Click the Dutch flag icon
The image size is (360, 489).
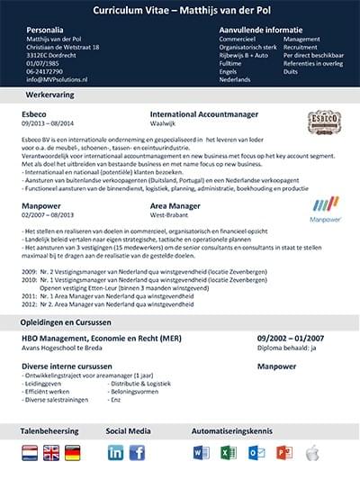[x=30, y=452]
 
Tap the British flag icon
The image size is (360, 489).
[x=51, y=452]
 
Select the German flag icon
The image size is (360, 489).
[x=73, y=452]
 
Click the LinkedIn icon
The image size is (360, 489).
[x=116, y=452]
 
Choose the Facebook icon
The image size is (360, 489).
[x=137, y=452]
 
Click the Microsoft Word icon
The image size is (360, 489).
[x=201, y=452]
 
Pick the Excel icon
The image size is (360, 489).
[x=228, y=452]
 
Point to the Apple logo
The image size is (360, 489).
[x=311, y=452]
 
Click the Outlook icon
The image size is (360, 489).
[x=256, y=452]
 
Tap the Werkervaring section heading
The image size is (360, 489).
[x=50, y=94]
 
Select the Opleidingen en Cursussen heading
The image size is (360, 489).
[x=68, y=321]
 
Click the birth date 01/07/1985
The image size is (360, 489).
[x=44, y=63]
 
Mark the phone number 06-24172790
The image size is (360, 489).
[x=45, y=71]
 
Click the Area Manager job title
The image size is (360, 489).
[x=175, y=206]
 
